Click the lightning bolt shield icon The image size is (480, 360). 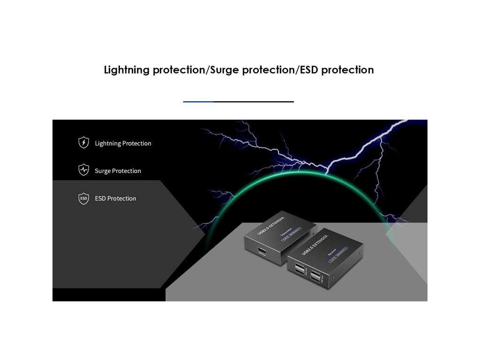[x=83, y=142]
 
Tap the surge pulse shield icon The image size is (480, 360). [x=83, y=170]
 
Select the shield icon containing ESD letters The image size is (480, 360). [x=83, y=198]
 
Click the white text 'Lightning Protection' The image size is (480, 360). [x=123, y=143]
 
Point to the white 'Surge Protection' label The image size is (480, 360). [x=118, y=171]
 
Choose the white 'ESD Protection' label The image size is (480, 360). [x=115, y=198]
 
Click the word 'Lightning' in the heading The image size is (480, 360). [x=127, y=70]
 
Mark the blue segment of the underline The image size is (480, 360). [x=198, y=101]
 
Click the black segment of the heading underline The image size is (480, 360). [x=253, y=101]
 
